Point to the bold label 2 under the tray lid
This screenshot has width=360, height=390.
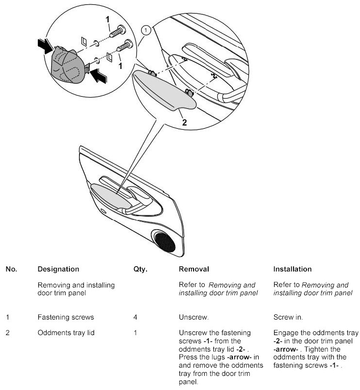point(184,122)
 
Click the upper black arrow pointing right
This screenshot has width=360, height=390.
point(44,46)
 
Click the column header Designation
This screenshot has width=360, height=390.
point(58,269)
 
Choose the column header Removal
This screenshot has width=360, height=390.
point(194,269)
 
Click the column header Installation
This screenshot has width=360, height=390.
point(293,269)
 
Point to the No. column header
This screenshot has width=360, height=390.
point(11,269)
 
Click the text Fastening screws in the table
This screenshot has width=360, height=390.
point(65,318)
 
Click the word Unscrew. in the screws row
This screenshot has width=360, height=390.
point(194,318)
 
